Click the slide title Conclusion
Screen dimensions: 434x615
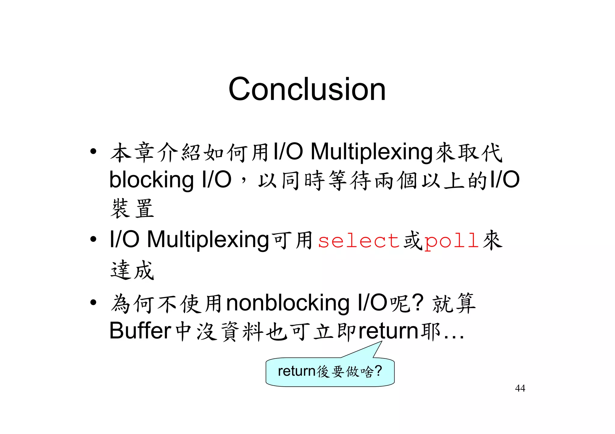coord(307,89)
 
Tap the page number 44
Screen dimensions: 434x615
coord(520,388)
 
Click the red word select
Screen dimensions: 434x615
coord(359,241)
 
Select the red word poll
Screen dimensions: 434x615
coord(451,241)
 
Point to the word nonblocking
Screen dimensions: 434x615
coord(288,303)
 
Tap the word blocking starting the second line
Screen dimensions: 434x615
coord(151,180)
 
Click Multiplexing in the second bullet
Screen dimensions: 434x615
coord(208,240)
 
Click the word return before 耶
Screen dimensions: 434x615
coord(388,331)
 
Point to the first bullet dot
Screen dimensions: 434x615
coord(93,151)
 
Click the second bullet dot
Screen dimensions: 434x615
coord(93,239)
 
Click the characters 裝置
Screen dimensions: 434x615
coord(132,208)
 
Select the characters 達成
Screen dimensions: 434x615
coord(132,270)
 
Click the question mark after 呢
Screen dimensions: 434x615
coord(418,302)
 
